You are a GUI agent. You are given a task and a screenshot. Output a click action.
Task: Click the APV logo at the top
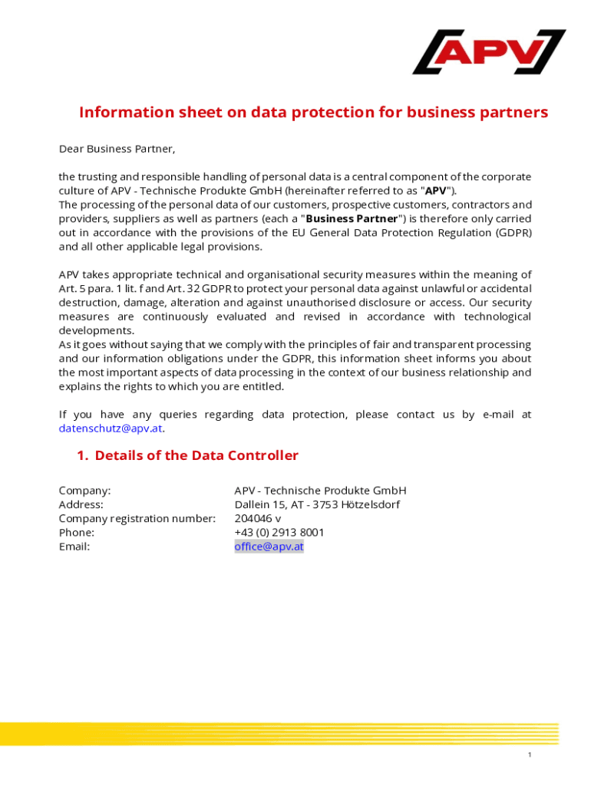(489, 51)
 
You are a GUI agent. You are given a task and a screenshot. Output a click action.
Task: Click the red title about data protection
(313, 113)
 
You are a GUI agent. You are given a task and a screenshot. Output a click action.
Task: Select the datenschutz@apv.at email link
(111, 429)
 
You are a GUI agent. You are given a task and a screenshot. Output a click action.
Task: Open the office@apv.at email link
(269, 547)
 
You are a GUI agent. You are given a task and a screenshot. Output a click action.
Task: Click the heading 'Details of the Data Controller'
(196, 456)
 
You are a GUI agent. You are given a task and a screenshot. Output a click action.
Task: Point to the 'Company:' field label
(84, 491)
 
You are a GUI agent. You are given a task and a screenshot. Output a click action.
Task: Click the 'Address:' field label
(81, 504)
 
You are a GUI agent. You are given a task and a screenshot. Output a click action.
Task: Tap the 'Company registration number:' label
(137, 518)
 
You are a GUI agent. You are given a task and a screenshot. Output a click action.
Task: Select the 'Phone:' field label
(77, 532)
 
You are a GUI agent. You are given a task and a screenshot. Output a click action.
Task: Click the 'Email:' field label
(74, 547)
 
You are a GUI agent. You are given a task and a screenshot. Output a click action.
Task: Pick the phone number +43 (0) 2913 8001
(279, 532)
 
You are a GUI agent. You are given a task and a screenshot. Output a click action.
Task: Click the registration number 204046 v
(258, 518)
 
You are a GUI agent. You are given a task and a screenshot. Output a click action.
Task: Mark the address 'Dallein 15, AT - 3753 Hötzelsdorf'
(317, 504)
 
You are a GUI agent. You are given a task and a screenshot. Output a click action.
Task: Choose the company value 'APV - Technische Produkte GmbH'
(320, 491)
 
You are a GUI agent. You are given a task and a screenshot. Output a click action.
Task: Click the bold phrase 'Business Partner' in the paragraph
(352, 219)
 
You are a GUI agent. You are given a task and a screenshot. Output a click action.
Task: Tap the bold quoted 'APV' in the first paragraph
(436, 191)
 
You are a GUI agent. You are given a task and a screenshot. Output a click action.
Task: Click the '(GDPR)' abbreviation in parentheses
(513, 233)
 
